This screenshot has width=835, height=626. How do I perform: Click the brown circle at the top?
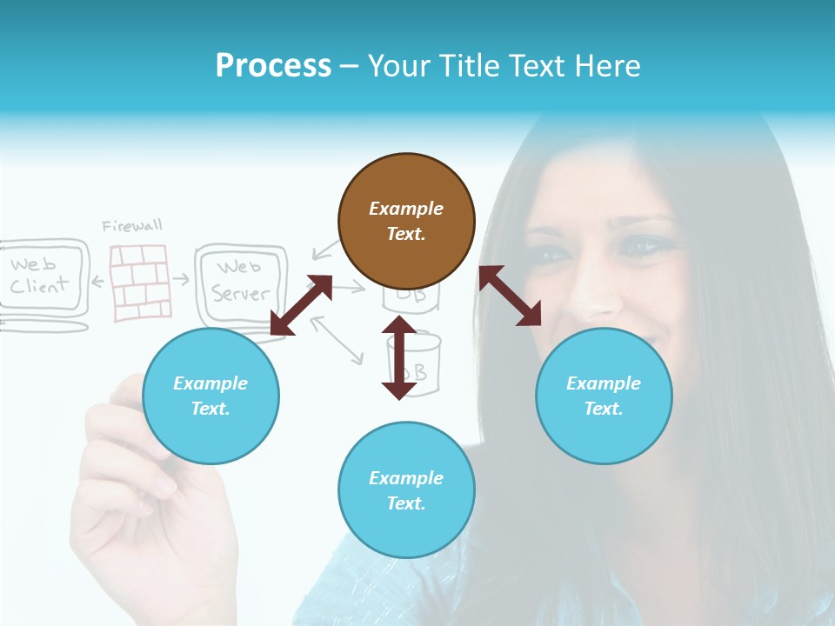[x=406, y=221]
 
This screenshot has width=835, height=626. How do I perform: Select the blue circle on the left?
[x=210, y=396]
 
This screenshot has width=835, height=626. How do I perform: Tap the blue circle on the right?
[x=604, y=396]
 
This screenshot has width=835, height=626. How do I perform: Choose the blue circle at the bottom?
[x=406, y=490]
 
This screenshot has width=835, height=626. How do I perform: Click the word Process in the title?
[x=273, y=66]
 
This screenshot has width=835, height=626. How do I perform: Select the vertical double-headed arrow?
[x=399, y=358]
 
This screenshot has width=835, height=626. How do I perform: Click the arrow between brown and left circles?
[x=301, y=305]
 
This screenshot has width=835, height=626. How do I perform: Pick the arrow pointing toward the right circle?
[x=510, y=296]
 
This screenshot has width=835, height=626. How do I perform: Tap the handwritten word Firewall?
[x=132, y=226]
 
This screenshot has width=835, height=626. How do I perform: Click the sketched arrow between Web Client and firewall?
[x=98, y=281]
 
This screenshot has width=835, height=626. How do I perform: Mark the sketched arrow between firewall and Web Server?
[x=181, y=279]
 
